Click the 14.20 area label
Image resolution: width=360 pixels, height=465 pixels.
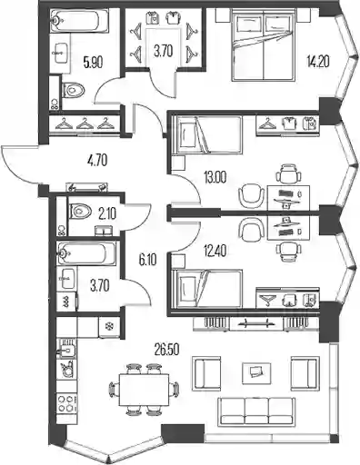tap(318, 62)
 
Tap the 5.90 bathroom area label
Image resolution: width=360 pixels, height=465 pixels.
tap(93, 62)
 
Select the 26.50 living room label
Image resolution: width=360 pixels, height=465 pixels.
tap(167, 350)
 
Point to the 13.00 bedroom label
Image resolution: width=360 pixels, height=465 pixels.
tap(215, 178)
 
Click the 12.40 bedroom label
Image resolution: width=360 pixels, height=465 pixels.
tap(215, 251)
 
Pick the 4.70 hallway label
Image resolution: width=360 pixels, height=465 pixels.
tap(96, 160)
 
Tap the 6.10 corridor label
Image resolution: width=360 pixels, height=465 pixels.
tap(147, 260)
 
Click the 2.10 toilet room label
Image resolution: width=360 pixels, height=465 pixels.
tap(107, 214)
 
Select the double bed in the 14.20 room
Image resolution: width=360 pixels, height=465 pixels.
tap(264, 45)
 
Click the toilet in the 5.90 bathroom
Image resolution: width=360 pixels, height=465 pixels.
tap(74, 90)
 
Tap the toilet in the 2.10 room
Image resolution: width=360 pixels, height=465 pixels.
tap(80, 211)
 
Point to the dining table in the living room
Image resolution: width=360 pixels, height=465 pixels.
tap(144, 390)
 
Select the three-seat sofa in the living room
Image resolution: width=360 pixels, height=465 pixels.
tap(255, 411)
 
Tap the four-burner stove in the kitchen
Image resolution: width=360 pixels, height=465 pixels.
tap(66, 404)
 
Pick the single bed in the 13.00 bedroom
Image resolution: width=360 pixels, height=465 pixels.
tap(207, 134)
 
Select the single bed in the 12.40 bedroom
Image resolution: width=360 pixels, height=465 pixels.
tap(207, 289)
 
